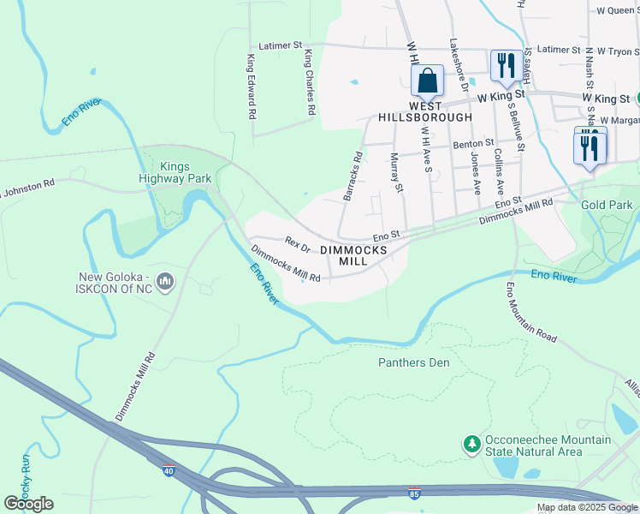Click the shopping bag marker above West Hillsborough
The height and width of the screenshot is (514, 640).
[x=428, y=81]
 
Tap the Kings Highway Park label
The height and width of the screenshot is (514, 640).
[x=175, y=172]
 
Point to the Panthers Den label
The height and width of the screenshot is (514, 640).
[x=414, y=362]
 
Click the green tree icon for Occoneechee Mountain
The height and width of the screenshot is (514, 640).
[x=470, y=444]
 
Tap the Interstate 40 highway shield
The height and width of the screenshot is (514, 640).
[x=169, y=469]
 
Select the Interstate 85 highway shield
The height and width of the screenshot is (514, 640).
[x=414, y=495]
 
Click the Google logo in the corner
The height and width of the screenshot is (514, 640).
[x=28, y=504]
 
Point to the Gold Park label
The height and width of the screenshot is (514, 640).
[x=607, y=206]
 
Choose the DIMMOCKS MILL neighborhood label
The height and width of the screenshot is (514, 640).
[x=353, y=255]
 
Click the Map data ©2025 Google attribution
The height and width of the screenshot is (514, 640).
[x=587, y=507]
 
